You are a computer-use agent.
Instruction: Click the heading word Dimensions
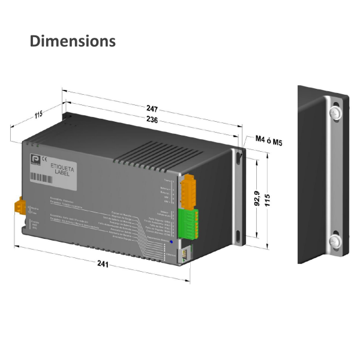[x=73, y=41]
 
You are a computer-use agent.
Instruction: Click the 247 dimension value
[x=152, y=109]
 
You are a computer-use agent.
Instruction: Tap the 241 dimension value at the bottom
[x=103, y=264]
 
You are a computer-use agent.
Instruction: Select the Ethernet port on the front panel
[x=186, y=254]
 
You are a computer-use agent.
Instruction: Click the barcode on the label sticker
[x=46, y=178]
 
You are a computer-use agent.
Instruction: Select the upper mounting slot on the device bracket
[x=239, y=157]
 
